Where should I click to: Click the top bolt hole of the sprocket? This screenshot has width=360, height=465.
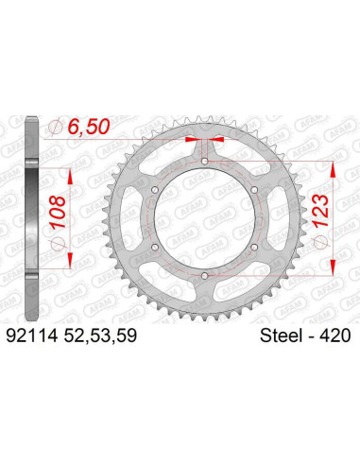pos(205,162)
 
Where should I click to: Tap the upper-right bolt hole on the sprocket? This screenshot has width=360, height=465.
pos(254,190)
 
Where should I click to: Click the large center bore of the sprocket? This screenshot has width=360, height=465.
pos(205,218)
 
